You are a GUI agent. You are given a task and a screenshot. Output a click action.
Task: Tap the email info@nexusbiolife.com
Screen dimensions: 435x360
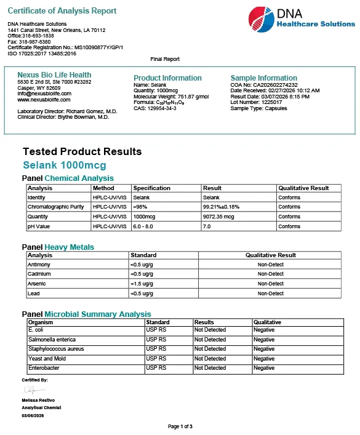(44, 94)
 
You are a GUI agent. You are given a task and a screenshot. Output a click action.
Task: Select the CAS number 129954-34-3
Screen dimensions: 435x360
(155, 108)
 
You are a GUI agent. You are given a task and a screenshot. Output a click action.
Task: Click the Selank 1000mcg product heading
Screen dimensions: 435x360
(64, 166)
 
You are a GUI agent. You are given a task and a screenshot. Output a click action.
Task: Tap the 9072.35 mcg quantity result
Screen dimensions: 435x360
(218, 217)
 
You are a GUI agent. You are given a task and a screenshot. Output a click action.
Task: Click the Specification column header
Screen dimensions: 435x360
(151, 188)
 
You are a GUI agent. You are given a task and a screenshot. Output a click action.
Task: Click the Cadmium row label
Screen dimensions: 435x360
(39, 274)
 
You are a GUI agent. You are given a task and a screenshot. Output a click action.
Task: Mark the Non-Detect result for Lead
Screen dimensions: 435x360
(270, 293)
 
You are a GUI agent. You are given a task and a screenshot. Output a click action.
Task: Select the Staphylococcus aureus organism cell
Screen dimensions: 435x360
(56, 349)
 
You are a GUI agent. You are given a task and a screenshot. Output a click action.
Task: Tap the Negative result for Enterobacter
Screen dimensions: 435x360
(264, 368)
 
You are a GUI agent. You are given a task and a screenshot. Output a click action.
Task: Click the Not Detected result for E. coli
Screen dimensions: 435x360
(210, 330)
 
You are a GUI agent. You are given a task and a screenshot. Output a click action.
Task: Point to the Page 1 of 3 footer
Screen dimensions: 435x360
(180, 426)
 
